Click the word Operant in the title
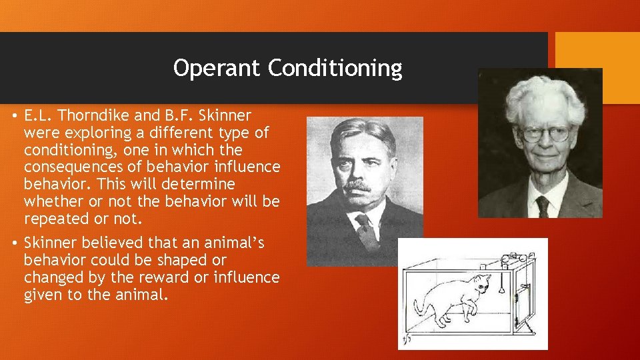(x=217, y=68)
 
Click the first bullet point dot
(x=13, y=115)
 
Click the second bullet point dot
(x=13, y=243)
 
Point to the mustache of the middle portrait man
(x=360, y=186)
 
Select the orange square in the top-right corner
(x=597, y=53)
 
